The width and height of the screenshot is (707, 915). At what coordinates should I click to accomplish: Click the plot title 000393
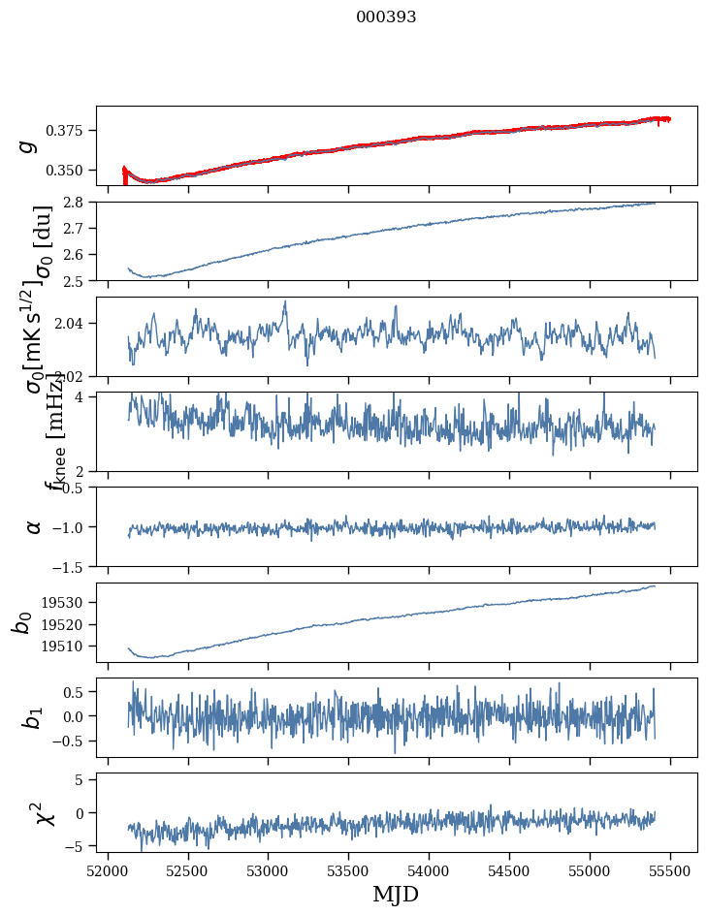click(386, 17)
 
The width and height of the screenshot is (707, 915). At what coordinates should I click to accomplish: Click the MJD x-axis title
click(396, 894)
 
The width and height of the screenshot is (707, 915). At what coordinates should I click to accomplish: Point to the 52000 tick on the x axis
click(108, 868)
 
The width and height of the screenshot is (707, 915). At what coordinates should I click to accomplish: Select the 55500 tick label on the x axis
click(671, 868)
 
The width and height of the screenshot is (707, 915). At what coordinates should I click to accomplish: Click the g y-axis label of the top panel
click(29, 145)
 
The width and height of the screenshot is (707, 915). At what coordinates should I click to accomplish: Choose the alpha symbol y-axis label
click(34, 526)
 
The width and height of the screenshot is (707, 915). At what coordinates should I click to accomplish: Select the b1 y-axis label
click(32, 717)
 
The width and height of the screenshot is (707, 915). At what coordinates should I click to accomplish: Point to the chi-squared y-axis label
click(44, 812)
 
